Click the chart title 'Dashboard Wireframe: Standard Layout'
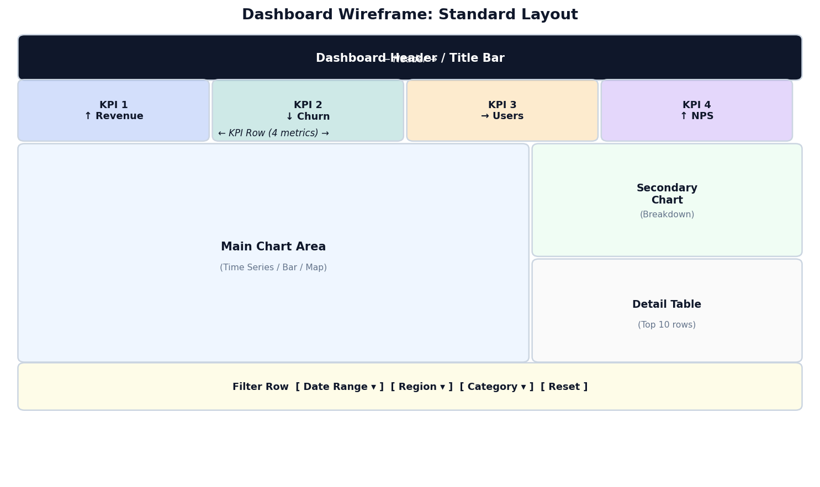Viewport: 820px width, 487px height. [x=410, y=15]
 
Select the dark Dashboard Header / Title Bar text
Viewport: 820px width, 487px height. [x=410, y=58]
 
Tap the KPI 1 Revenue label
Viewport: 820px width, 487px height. [x=114, y=110]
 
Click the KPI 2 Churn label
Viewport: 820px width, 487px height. [x=308, y=111]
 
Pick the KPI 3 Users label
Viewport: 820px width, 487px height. [x=502, y=110]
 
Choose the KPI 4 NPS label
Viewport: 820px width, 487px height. [x=696, y=110]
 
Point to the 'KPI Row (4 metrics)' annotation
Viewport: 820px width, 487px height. [x=273, y=133]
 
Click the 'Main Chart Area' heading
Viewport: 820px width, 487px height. [x=273, y=247]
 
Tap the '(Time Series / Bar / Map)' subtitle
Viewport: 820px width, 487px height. [x=273, y=267]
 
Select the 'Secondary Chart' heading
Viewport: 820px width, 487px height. [x=666, y=194]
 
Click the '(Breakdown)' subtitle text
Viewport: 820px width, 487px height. [x=666, y=215]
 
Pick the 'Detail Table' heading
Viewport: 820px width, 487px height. [x=666, y=304]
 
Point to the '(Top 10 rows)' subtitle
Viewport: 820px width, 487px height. [x=666, y=325]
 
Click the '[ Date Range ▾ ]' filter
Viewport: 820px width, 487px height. [x=339, y=387]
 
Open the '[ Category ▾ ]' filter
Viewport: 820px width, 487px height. [x=496, y=387]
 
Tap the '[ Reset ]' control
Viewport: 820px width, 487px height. [x=564, y=387]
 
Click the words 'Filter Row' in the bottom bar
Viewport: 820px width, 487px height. [x=260, y=387]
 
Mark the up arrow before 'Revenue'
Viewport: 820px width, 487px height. [x=88, y=116]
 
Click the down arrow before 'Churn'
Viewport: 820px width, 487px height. [x=289, y=117]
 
